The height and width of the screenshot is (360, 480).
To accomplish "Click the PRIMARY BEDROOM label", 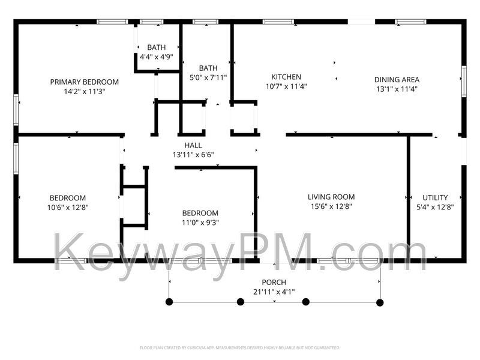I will click(x=84, y=82).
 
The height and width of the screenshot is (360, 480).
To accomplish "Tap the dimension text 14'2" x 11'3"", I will click(x=84, y=92).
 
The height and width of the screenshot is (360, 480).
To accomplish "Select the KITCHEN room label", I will click(x=286, y=77).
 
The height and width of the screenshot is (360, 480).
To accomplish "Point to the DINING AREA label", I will click(x=397, y=79).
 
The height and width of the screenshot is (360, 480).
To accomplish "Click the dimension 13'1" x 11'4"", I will click(x=397, y=89).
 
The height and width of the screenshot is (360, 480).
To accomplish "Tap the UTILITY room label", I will click(x=435, y=197).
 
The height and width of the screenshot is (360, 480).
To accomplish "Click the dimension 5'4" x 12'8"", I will click(x=435, y=207).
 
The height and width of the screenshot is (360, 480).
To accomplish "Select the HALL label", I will click(x=193, y=145).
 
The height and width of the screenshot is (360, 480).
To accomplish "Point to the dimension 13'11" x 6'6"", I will click(x=193, y=155).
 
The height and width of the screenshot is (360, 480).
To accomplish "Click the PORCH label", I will click(x=274, y=283).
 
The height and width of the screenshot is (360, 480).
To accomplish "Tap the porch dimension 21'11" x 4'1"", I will click(x=274, y=292).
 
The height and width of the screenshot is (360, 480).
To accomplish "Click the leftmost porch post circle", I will click(x=170, y=302).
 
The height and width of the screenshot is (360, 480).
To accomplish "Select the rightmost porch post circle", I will click(x=380, y=302).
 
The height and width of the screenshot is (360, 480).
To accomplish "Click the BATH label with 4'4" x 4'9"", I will click(x=157, y=47).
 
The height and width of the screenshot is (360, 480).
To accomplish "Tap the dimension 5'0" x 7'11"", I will click(x=208, y=77).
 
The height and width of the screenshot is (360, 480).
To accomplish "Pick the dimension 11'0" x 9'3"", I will click(x=200, y=223).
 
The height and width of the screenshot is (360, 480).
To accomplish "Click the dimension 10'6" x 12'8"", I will click(x=67, y=208).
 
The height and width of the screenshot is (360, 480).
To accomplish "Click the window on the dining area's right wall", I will click(x=463, y=81).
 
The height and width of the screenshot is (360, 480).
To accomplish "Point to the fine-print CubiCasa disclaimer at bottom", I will click(x=240, y=347).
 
